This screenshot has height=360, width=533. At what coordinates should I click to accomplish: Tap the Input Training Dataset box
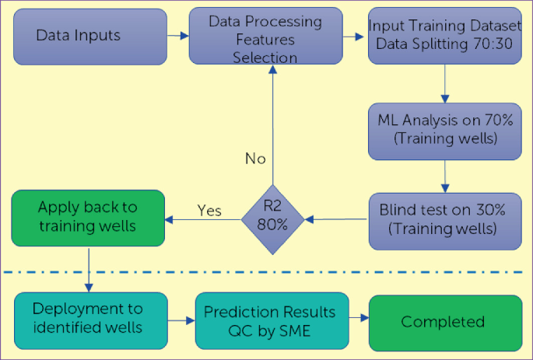tap(445, 36)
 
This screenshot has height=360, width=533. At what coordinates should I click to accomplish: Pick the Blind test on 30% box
tap(445, 220)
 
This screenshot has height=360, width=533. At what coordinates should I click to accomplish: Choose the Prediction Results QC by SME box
tap(269, 320)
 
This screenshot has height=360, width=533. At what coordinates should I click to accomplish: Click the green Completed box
tap(445, 321)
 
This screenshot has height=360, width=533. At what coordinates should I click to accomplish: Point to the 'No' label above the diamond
tap(255, 159)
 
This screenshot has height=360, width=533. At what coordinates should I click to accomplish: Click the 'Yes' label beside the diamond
tap(209, 210)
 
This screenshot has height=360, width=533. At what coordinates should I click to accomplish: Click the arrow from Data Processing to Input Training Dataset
tap(356, 37)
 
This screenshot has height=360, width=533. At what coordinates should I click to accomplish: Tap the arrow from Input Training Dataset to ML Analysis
tap(444, 82)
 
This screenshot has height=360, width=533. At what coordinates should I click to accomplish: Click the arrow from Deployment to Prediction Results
tap(181, 320)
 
